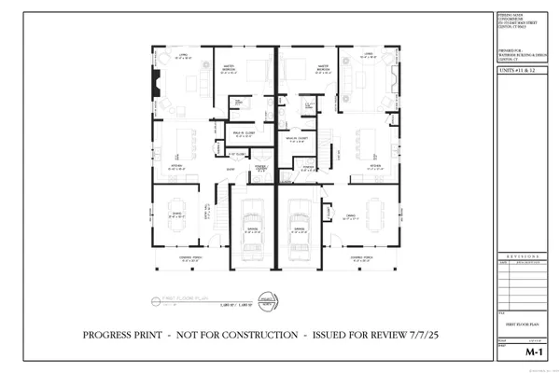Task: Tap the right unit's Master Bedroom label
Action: pyautogui.click(x=325, y=67)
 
